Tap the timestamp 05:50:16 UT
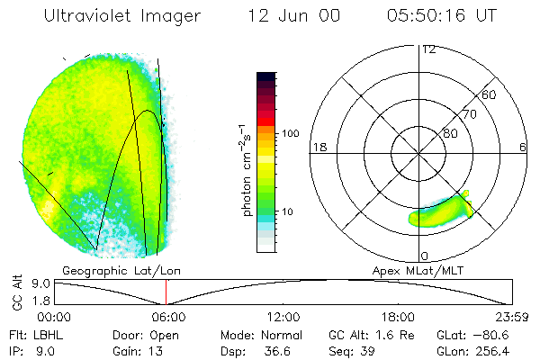pos(443,15)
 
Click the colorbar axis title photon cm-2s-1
pos(246,169)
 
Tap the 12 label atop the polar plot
pos(429,49)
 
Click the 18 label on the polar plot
pos(318,146)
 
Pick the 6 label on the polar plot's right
pos(523,146)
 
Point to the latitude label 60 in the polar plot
pos(490,94)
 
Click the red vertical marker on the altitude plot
pos(166,292)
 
